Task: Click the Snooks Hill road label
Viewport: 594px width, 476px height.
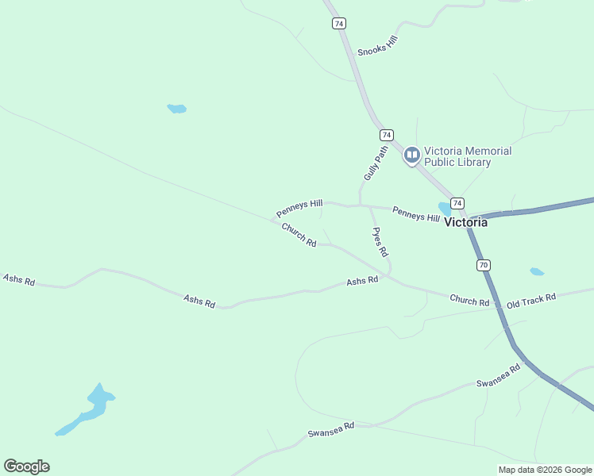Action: pos(377,45)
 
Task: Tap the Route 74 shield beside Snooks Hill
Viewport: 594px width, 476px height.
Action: pos(339,24)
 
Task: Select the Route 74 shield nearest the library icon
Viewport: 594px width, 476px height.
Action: pos(386,135)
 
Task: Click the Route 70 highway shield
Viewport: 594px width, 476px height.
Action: pos(484,265)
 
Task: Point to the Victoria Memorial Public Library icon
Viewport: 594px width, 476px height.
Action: pos(411,155)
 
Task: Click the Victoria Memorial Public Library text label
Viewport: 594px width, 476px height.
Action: pos(468,156)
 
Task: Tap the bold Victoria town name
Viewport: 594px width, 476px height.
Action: pos(466,222)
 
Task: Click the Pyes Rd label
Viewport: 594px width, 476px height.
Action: pos(380,242)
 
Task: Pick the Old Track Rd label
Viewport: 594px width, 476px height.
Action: pos(531,301)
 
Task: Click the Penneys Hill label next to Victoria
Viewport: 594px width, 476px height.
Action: pos(415,214)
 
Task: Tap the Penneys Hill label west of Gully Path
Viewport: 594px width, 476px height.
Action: pos(299,209)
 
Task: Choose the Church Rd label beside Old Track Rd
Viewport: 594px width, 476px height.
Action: pos(469,300)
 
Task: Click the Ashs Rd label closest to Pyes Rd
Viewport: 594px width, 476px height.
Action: pos(361,282)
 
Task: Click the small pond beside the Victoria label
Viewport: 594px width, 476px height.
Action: pos(445,209)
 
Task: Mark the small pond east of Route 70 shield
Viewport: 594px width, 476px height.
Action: pos(537,272)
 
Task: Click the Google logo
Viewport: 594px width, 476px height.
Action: pos(26,466)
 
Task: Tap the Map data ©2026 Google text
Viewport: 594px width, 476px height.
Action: pos(545,470)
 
